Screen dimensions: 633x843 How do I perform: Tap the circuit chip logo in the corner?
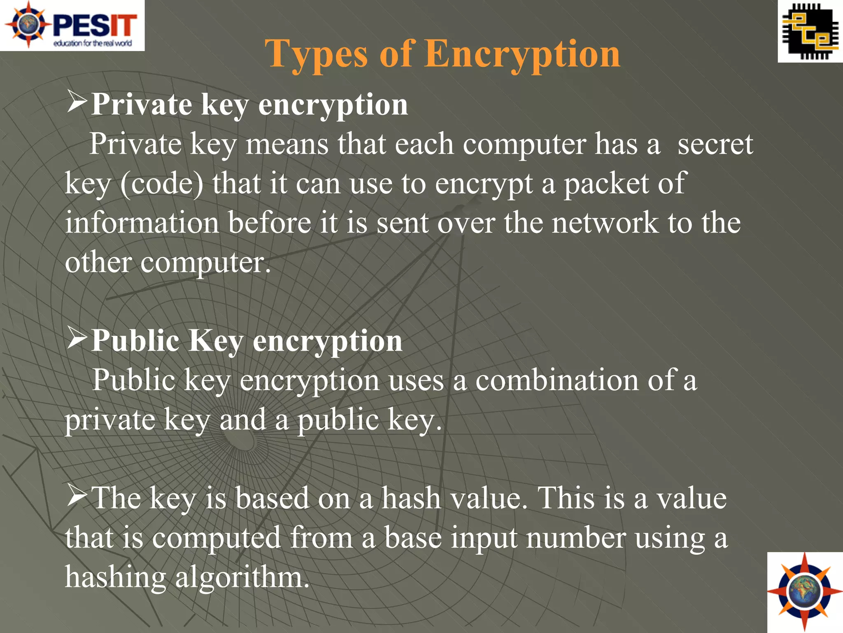(810, 31)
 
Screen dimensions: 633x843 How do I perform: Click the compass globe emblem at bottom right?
(805, 592)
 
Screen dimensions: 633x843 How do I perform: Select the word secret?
(715, 144)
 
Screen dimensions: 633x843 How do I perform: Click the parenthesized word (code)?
(162, 183)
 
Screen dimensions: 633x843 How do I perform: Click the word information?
(142, 223)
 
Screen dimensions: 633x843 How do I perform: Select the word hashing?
(115, 577)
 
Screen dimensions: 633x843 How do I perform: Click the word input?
(484, 538)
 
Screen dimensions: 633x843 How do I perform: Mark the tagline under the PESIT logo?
(93, 43)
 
